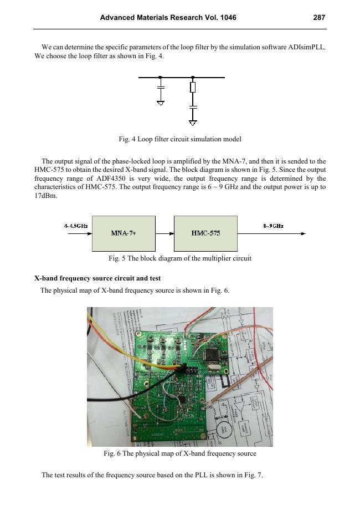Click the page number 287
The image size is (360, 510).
(318, 18)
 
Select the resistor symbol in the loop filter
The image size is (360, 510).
(193, 88)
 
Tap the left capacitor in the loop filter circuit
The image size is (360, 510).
(161, 88)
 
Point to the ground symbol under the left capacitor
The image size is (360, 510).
(161, 103)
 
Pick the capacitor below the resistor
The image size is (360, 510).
(193, 105)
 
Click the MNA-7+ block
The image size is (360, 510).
(124, 233)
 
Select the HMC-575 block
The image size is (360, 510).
(205, 233)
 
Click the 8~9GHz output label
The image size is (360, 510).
(273, 226)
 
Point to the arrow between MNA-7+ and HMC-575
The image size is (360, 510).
(164, 233)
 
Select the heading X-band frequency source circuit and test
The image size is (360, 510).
(97, 278)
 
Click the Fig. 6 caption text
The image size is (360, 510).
(180, 454)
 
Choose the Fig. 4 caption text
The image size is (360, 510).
(180, 138)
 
